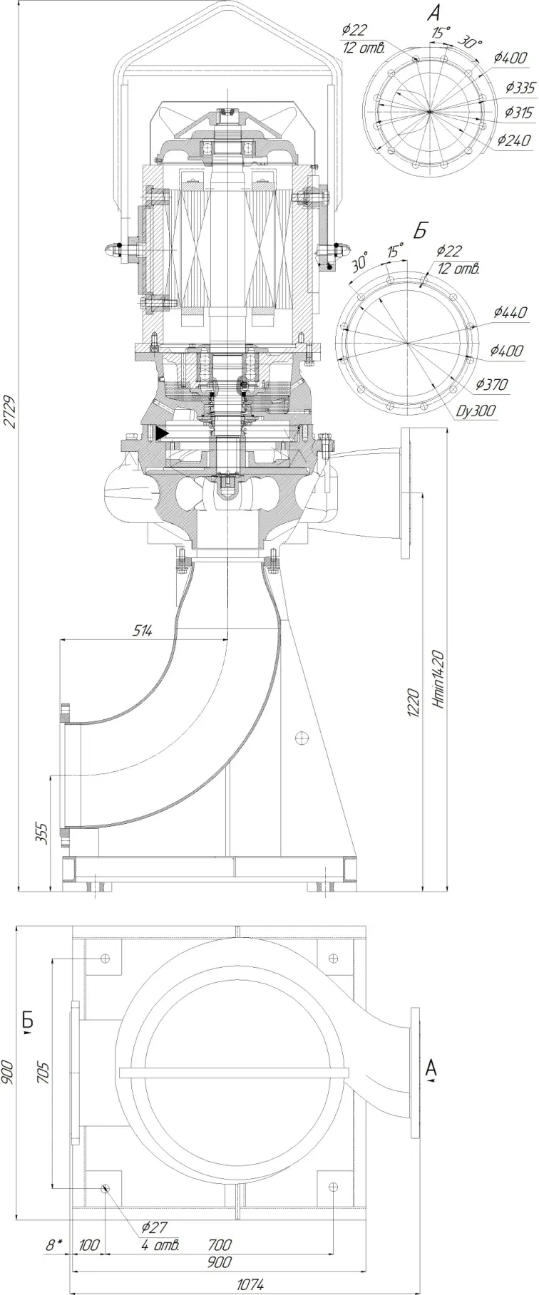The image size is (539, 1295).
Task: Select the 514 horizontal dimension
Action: pyautogui.click(x=143, y=630)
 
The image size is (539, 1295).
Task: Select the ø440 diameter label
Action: pyautogui.click(x=509, y=312)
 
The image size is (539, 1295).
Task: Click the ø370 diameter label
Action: pyautogui.click(x=492, y=385)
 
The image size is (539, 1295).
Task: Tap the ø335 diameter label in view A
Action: pyautogui.click(x=520, y=88)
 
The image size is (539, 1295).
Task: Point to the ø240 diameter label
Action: pyautogui.click(x=514, y=140)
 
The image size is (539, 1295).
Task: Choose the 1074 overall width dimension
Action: pyautogui.click(x=250, y=1281)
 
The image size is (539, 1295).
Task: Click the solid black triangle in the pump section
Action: pyautogui.click(x=161, y=433)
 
